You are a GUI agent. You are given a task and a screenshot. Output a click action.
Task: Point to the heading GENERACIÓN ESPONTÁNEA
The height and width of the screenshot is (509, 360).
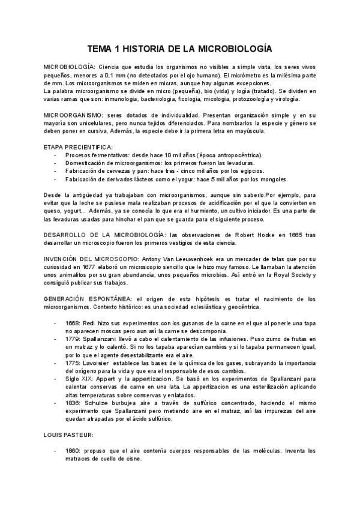point(89,298)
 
